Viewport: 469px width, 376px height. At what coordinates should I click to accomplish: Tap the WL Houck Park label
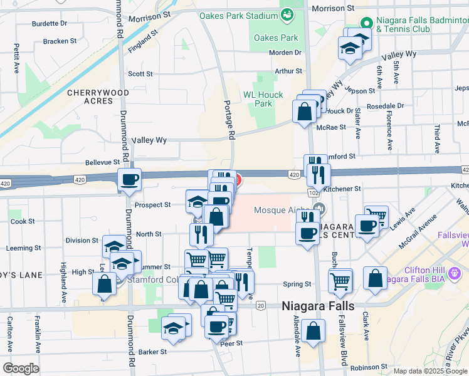pos(263,99)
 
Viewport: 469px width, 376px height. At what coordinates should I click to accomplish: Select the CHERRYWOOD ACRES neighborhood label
pos(98,97)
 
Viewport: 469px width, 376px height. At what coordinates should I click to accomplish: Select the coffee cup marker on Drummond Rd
pos(130,180)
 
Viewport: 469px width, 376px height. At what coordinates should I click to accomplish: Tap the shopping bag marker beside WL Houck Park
pos(304,112)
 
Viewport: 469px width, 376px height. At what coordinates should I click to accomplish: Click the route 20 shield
pos(260,305)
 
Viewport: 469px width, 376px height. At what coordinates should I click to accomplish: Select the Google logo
pos(21,368)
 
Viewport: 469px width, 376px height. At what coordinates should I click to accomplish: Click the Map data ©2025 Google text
pos(430,371)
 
